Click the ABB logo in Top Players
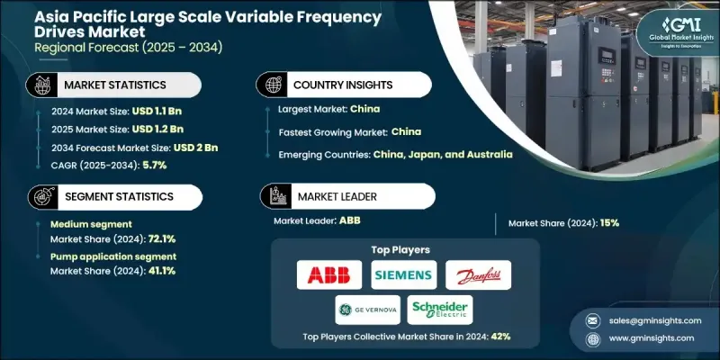coord(329,274)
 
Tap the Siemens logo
coord(403,274)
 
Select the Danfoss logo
coord(478,274)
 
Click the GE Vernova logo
coord(367,309)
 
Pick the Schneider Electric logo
coord(440,309)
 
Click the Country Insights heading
coord(344,85)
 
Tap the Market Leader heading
coord(337,196)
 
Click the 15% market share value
coord(607,221)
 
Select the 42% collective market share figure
coord(501,337)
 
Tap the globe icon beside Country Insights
coord(269,85)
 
